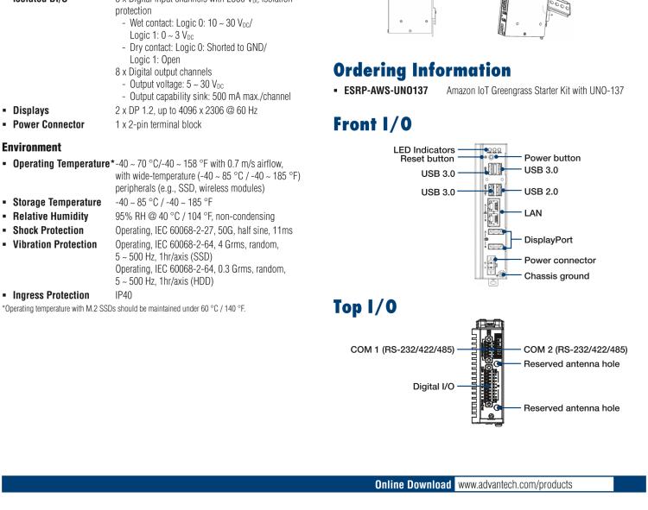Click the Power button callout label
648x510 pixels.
point(552,158)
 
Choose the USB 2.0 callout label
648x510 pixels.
point(548,192)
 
